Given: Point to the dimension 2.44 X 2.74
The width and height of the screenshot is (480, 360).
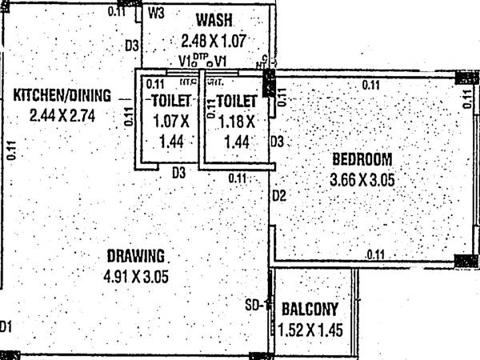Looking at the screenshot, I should pyautogui.click(x=61, y=116).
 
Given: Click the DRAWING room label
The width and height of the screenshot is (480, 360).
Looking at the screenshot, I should pyautogui.click(x=134, y=257).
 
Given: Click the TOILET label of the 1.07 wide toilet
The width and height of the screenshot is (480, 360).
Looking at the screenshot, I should pyautogui.click(x=169, y=101).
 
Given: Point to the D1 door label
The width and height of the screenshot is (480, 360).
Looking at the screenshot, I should pyautogui.click(x=7, y=326).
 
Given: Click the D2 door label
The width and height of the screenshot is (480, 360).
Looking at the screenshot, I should pyautogui.click(x=278, y=195).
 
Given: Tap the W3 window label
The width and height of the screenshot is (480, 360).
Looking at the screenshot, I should pyautogui.click(x=157, y=14).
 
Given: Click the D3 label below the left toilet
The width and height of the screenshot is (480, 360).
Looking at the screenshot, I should pyautogui.click(x=178, y=171).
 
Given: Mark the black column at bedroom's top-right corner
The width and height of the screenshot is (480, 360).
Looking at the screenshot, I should pyautogui.click(x=466, y=77).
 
